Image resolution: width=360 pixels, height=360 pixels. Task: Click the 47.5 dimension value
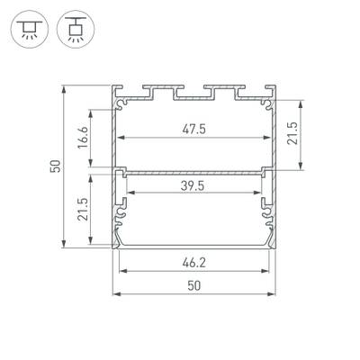pos(193,129)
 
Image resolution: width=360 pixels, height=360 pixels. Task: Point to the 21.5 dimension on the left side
pos(82,208)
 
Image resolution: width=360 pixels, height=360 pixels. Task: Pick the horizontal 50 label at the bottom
pos(193,285)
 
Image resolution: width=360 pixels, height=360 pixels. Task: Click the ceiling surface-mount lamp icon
pos(30,30)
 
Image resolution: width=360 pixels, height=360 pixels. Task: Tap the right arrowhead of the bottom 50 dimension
pos(274,293)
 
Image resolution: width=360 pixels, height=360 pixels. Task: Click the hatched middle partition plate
pos(193,168)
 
